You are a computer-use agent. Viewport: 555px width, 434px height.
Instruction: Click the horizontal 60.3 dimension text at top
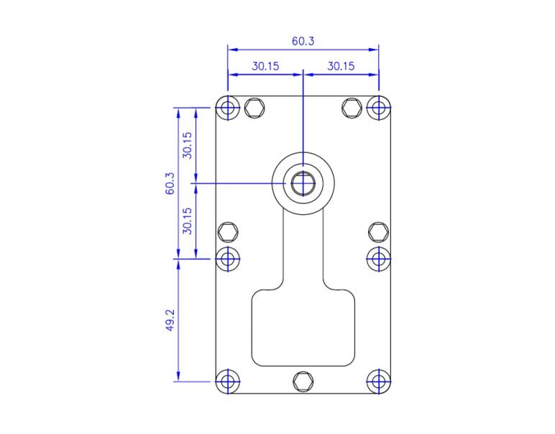coord(303,41)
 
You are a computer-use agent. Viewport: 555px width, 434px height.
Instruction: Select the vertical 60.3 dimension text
coord(170,183)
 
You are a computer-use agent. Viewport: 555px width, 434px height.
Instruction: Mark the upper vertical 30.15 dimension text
coord(187,145)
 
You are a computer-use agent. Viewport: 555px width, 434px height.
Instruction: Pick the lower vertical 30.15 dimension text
coord(187,221)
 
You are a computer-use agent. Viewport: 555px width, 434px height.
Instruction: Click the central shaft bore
coord(303,183)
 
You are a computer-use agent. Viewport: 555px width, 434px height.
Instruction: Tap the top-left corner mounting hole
coord(229,108)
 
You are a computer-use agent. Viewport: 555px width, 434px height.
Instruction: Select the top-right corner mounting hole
coord(378,108)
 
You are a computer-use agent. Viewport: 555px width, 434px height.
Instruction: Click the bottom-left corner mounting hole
coord(229,381)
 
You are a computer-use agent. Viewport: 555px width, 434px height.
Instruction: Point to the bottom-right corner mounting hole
coord(378,381)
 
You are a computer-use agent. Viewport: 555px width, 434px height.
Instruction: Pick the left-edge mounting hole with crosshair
coord(229,258)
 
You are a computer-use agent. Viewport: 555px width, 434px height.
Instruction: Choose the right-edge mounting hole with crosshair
coord(378,258)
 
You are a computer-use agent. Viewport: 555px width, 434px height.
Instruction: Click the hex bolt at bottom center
coord(303,381)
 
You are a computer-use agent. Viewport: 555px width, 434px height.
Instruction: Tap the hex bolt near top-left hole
coord(253,108)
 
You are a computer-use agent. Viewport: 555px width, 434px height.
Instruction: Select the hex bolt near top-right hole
coord(352,108)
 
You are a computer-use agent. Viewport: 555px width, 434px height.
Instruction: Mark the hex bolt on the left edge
coord(228,231)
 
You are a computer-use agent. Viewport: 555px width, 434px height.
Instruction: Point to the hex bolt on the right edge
coord(378,231)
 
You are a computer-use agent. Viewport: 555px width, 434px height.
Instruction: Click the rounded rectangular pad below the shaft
coord(303,327)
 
